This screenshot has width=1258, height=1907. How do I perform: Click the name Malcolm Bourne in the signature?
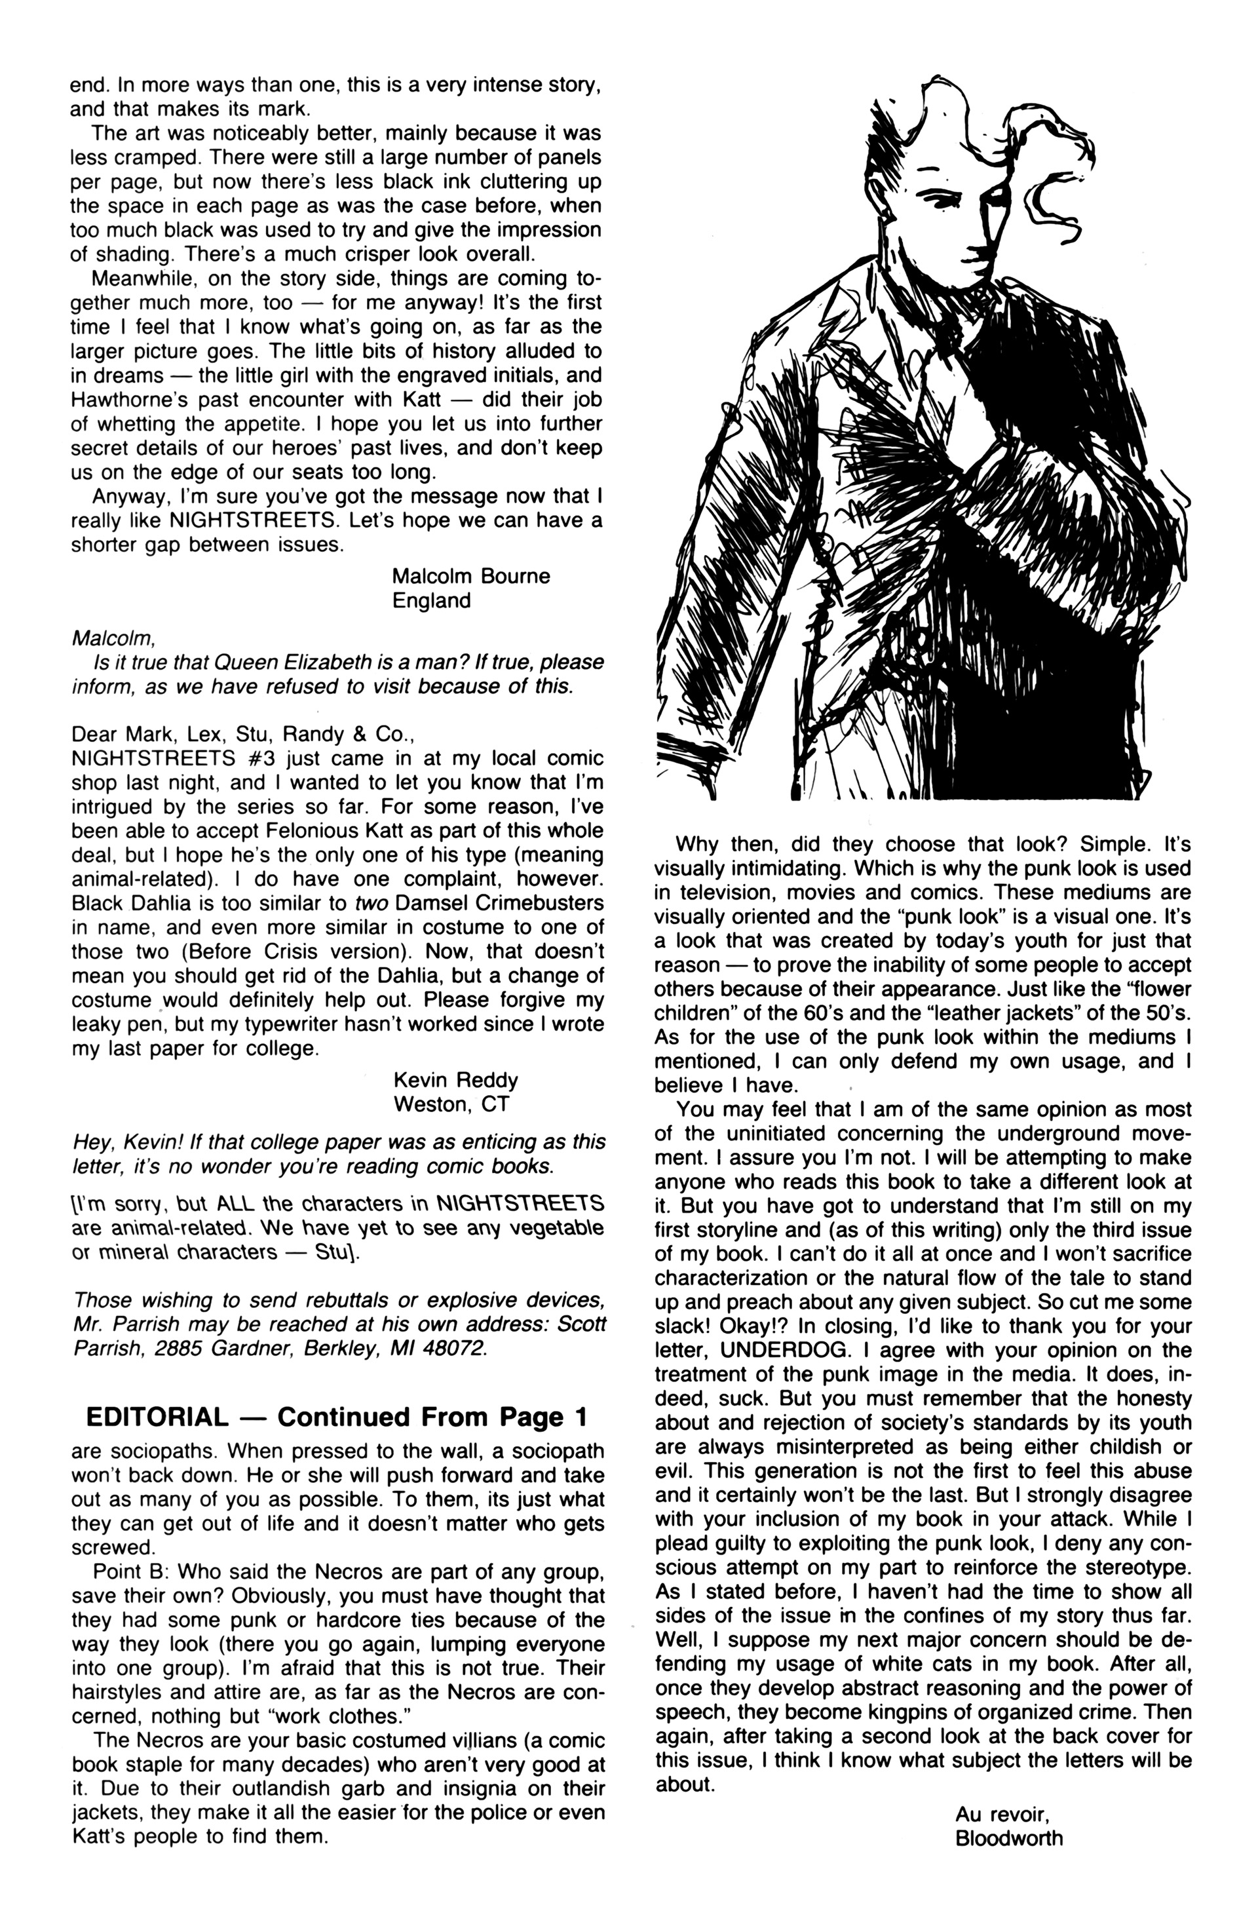point(471,576)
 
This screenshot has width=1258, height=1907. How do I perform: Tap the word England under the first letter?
point(431,600)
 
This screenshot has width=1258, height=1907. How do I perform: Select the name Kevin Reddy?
point(456,1080)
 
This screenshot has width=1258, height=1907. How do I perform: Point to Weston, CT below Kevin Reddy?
point(451,1104)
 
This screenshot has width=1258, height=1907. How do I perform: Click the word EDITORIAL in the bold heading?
point(157,1416)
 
